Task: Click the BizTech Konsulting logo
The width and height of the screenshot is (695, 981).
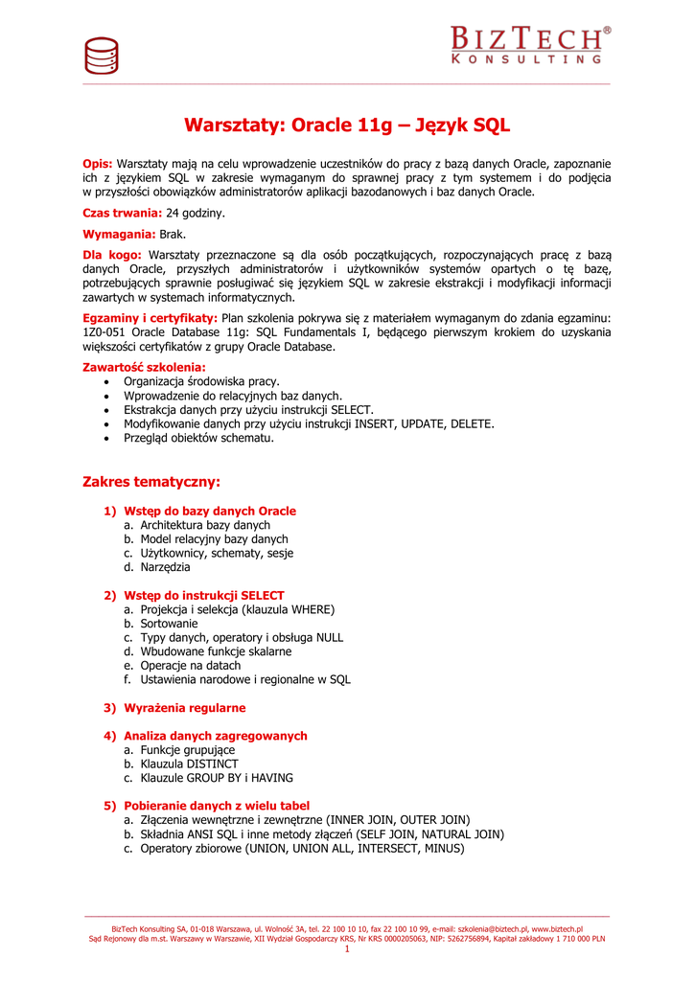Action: click(529, 45)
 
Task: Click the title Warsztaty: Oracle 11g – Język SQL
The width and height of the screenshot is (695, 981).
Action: click(347, 125)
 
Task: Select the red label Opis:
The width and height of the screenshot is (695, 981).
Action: click(98, 164)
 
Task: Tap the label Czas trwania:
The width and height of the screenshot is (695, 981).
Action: click(123, 213)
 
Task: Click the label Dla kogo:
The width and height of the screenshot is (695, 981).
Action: click(112, 255)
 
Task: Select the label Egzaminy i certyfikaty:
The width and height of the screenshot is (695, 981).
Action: click(151, 318)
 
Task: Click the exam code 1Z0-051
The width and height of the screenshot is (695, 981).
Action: click(105, 332)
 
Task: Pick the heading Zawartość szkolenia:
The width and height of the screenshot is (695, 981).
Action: click(145, 367)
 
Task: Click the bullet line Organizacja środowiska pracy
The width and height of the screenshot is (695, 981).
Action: click(201, 381)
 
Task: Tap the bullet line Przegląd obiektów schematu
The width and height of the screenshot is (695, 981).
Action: click(198, 438)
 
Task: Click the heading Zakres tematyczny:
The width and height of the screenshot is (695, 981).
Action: click(151, 481)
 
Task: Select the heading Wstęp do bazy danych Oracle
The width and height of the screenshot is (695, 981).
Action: click(210, 512)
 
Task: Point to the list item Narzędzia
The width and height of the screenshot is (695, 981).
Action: click(165, 567)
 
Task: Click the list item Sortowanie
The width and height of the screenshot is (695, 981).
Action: click(169, 624)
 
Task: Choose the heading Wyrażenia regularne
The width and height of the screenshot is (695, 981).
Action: click(184, 708)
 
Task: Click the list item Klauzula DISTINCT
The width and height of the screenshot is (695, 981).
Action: click(189, 764)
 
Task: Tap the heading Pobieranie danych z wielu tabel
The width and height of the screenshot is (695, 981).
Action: click(217, 806)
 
